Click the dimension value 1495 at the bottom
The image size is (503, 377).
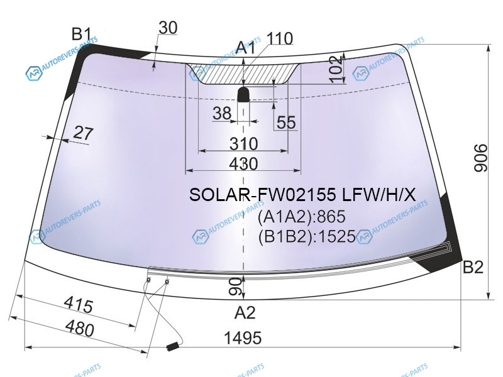[x=243, y=337]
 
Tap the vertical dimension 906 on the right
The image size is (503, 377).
[x=480, y=158]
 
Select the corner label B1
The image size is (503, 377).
[x=82, y=33]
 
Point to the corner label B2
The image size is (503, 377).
[x=473, y=267]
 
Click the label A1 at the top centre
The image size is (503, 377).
[x=245, y=48]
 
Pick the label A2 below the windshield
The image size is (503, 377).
[x=245, y=312]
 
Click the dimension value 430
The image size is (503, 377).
[x=243, y=163]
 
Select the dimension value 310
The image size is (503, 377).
[x=243, y=144]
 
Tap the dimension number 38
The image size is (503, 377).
[x=222, y=113]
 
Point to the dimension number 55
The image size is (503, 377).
[x=286, y=122]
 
